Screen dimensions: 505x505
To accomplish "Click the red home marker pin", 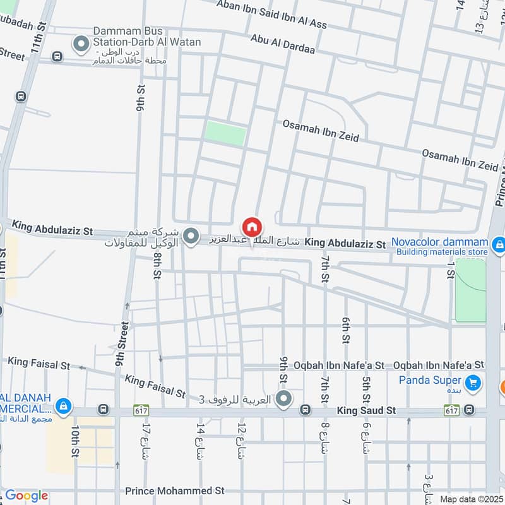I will click(x=252, y=227).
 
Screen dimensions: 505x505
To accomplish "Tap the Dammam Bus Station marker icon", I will click(x=80, y=44).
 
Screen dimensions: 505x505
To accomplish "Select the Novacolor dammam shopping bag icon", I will click(x=498, y=243).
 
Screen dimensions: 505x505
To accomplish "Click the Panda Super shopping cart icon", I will click(x=471, y=383).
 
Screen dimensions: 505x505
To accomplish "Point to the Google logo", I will click(x=26, y=496).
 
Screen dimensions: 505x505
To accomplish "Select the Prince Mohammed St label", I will click(x=175, y=490).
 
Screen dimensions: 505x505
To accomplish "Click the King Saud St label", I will click(x=366, y=410).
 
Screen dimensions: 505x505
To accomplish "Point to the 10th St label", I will click(x=74, y=441).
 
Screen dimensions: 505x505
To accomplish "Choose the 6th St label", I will click(x=346, y=330).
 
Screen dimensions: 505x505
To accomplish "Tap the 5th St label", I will click(x=366, y=389).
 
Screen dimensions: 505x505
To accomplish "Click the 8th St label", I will click(x=158, y=265).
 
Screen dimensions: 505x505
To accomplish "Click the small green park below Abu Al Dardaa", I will click(x=225, y=133).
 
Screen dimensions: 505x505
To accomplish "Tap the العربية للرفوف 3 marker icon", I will click(x=284, y=398).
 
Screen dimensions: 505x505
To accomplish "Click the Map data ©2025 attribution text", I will click(x=470, y=499).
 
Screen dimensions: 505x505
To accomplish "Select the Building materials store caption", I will click(x=442, y=252).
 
